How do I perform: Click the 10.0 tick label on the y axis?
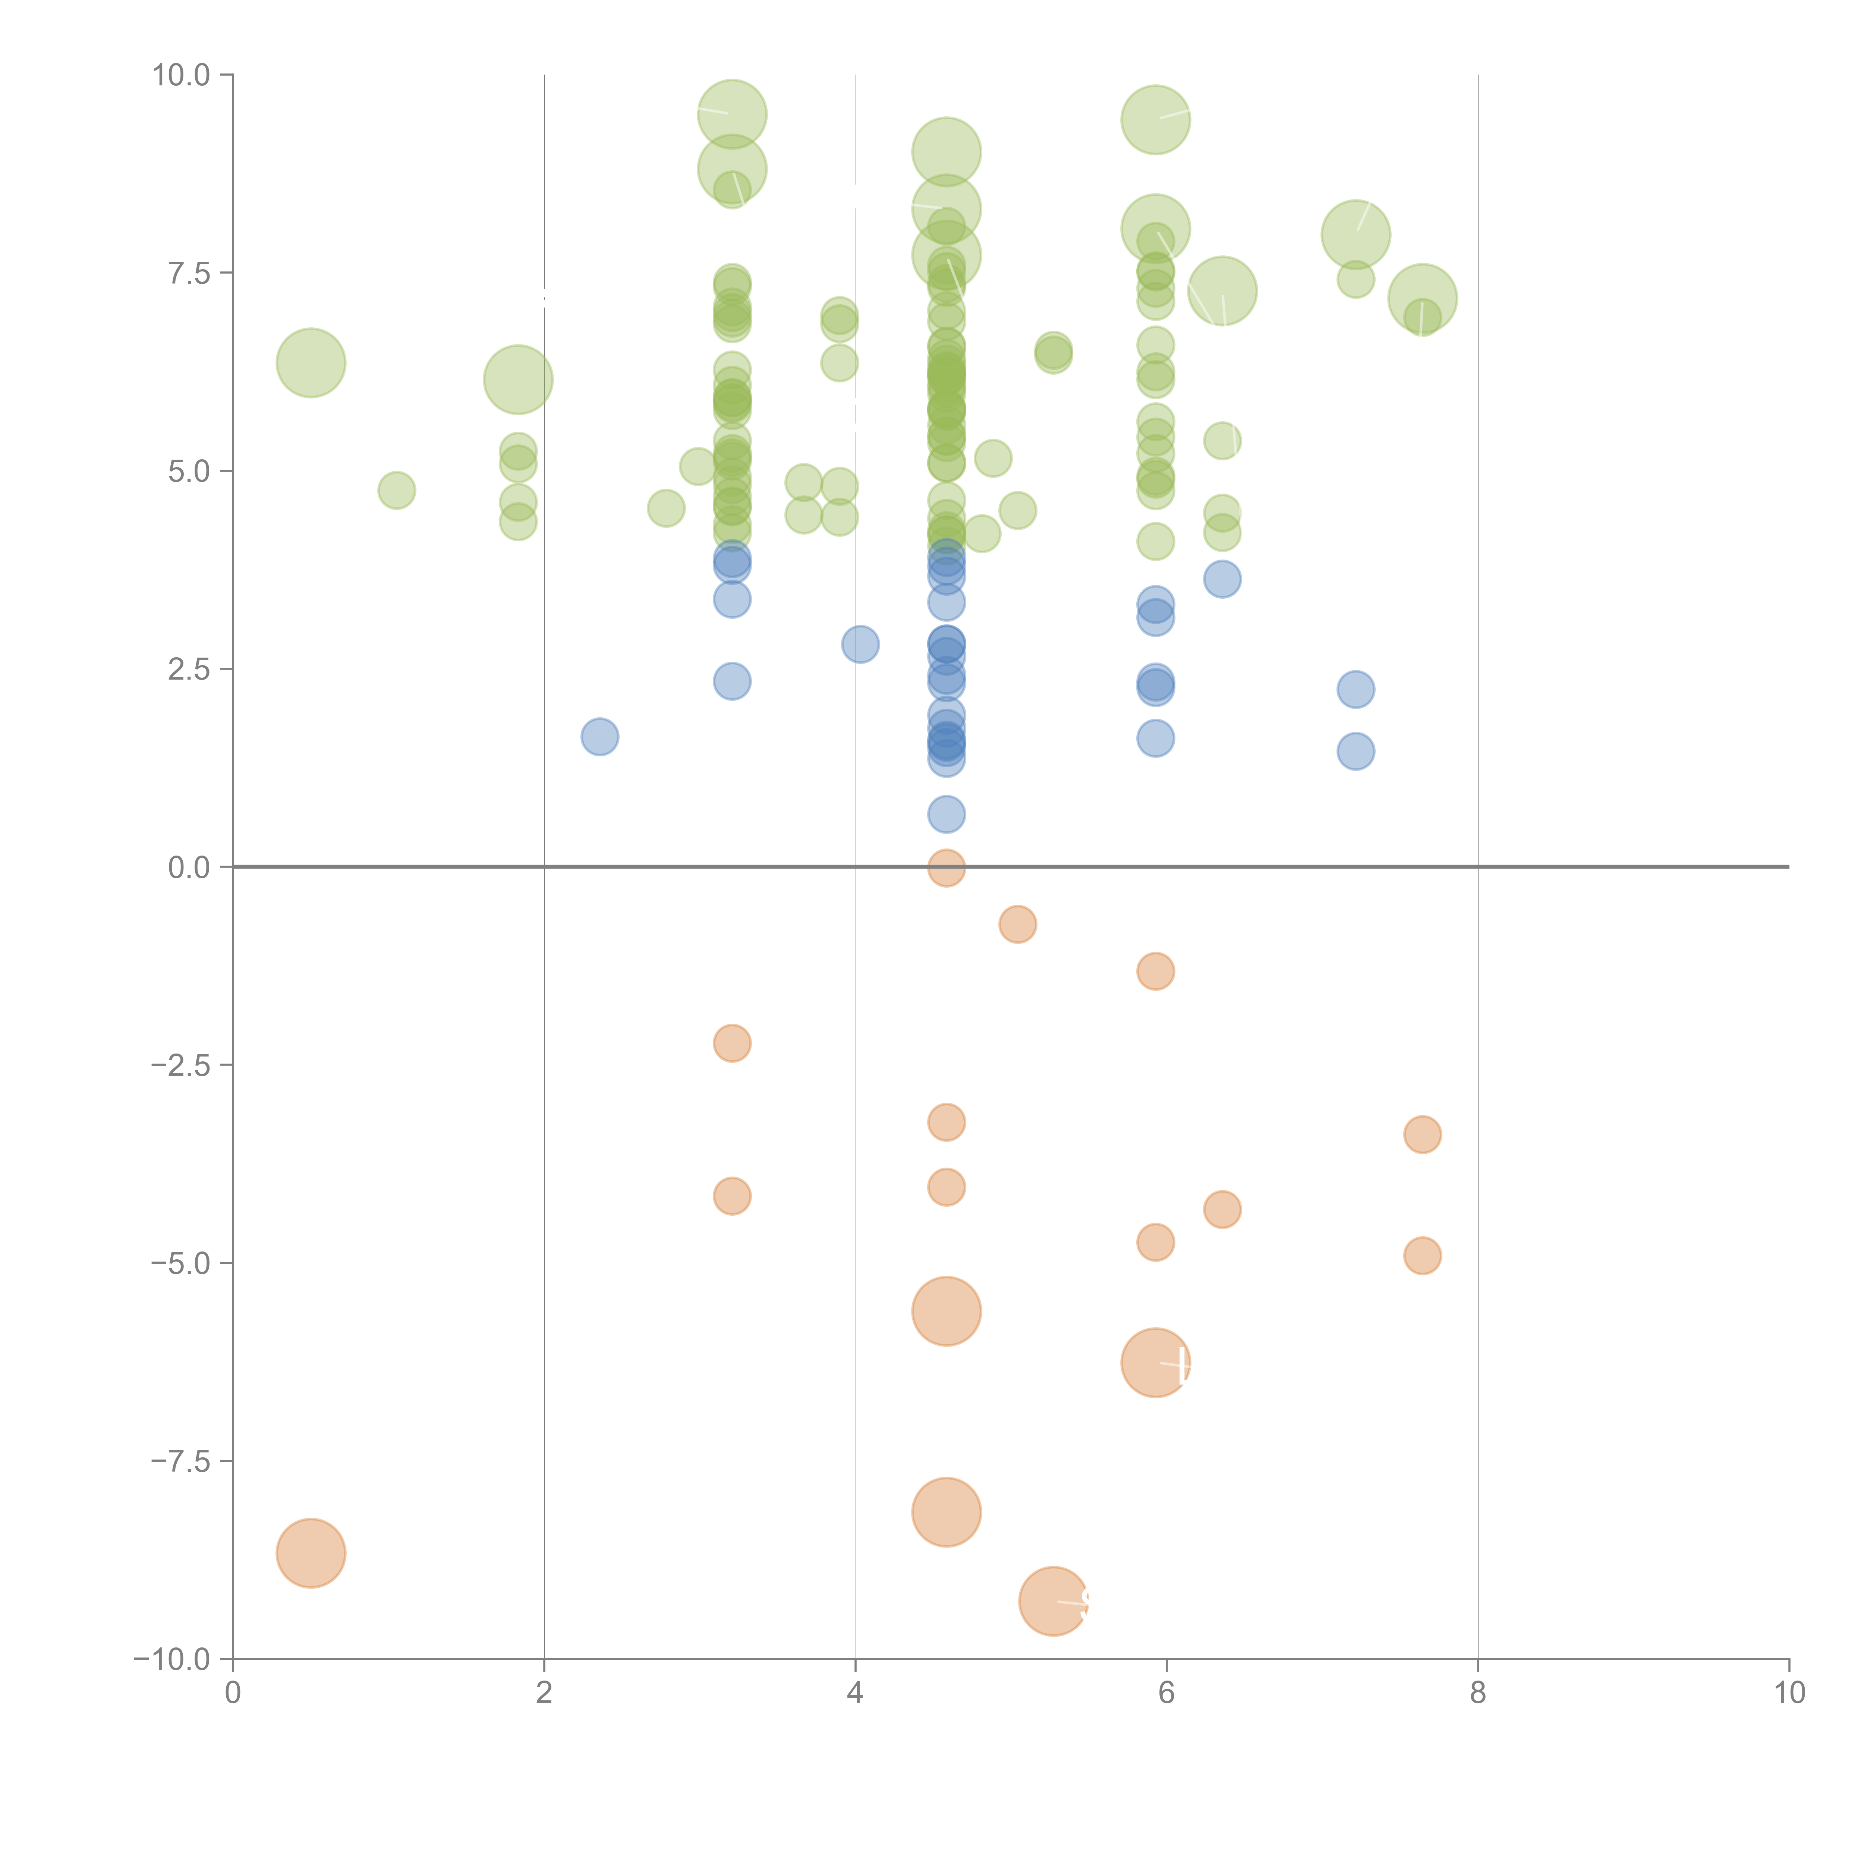[180, 75]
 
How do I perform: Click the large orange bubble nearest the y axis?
[311, 1552]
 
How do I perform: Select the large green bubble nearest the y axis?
[311, 363]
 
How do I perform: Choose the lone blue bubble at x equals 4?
[860, 645]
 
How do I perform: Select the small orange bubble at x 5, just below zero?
[1017, 924]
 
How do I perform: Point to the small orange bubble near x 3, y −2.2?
[732, 1043]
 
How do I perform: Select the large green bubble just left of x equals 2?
[518, 379]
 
